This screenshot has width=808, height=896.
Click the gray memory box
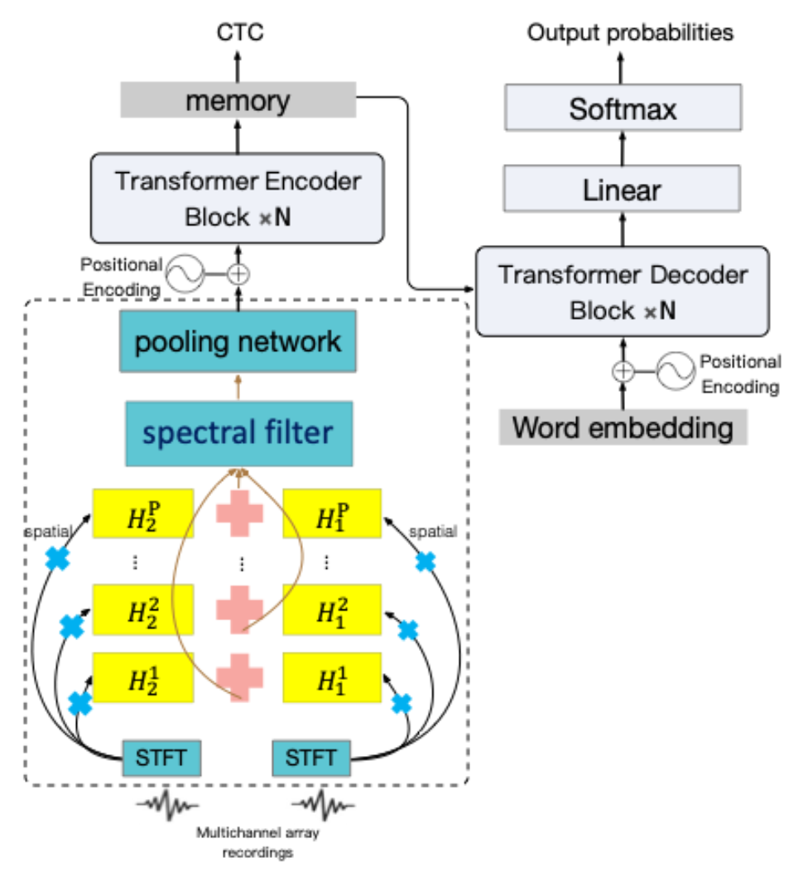coord(238,101)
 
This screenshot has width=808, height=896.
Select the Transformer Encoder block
coord(238,199)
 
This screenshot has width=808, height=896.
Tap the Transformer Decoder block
coord(623,291)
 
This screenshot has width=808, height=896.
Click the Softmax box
coord(623,110)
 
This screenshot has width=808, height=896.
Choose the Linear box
coord(623,190)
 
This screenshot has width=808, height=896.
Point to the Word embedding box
coord(623,427)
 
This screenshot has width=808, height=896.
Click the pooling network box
coord(238,340)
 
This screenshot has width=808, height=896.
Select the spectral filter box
coord(239,432)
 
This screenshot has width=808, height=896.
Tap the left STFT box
coord(161,757)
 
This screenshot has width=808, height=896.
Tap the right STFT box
coord(310,757)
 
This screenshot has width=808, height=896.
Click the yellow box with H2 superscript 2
coord(142,610)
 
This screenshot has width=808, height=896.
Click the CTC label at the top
coord(240,33)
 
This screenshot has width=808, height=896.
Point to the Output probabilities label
coord(631,33)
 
